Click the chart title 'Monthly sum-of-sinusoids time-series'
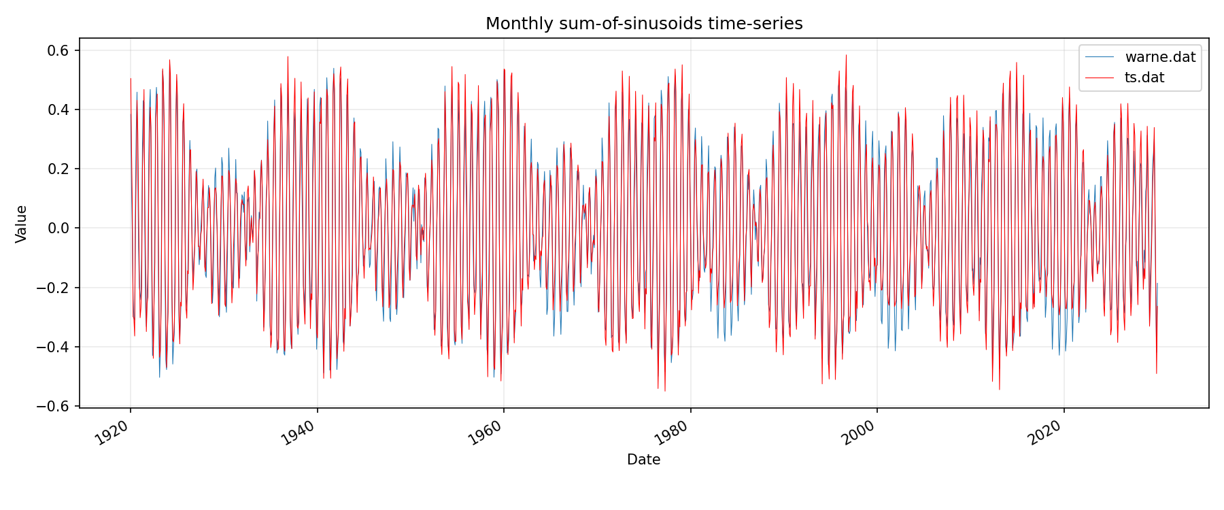point(644,24)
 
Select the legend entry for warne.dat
point(1160,57)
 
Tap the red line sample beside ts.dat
point(1100,78)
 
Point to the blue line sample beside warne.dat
point(1100,57)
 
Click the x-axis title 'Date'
point(643,460)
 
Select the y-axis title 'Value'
point(22,224)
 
